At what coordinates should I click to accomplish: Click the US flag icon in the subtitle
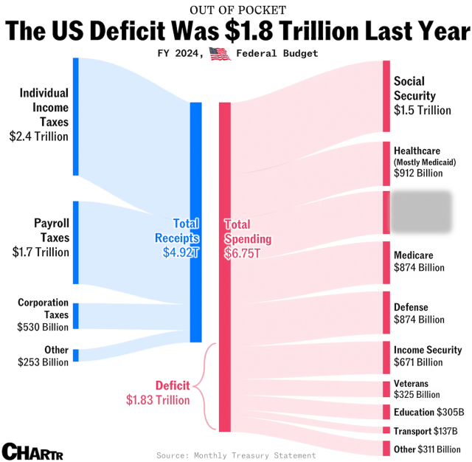[x=219, y=53]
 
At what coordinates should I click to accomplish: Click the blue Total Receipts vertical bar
[x=195, y=221]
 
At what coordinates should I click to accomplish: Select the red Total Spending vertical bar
[x=225, y=266]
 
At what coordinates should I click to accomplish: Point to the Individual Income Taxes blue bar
[x=75, y=117]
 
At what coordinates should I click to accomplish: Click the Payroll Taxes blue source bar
[x=75, y=242]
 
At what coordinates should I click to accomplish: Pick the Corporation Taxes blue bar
[x=75, y=315]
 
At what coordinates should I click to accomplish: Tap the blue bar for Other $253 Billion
[x=75, y=355]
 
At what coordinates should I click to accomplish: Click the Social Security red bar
[x=386, y=96]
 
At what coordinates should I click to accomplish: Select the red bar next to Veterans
[x=386, y=388]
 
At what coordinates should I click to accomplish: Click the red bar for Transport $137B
[x=386, y=430]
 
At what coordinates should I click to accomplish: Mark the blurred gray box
[x=420, y=212]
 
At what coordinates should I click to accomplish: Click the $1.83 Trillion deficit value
[x=157, y=400]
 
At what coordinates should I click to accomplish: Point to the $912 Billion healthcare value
[x=418, y=173]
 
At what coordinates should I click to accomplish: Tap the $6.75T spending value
[x=242, y=253]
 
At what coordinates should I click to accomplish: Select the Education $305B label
[x=428, y=412]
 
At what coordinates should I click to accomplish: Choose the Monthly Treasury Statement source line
[x=236, y=455]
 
